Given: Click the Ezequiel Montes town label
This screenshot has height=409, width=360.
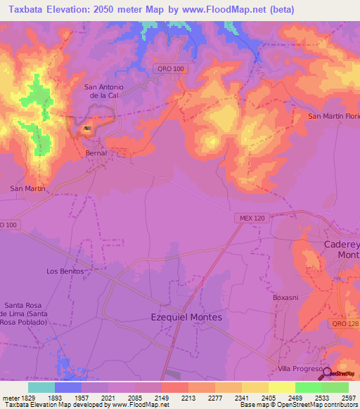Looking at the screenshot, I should tap(186, 317).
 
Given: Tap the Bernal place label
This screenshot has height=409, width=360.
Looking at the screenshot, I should tap(96, 152).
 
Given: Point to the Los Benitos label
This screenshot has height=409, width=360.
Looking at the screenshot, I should tap(65, 271).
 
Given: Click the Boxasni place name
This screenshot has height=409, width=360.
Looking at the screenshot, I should tap(286, 297).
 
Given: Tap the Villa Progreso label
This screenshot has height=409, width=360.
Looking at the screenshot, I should tap(299, 369).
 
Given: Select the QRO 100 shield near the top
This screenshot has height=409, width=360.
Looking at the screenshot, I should tap(169, 67).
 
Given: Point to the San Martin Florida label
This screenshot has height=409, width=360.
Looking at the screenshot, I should tap(334, 116).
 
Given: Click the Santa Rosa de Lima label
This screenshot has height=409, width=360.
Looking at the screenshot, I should tap(26, 313).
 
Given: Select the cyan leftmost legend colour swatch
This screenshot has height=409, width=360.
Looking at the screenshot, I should tap(41, 387).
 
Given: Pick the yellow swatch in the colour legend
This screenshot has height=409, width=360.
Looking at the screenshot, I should tap(281, 387).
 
